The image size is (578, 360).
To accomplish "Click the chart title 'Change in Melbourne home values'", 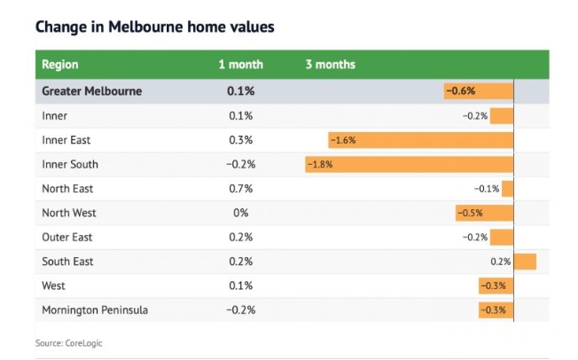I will (x=154, y=27).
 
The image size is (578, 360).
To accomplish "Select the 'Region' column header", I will (x=60, y=65).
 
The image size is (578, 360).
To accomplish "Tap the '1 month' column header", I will (x=240, y=65).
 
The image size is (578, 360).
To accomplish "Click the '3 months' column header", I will (x=330, y=65).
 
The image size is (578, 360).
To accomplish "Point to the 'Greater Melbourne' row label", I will (x=92, y=91).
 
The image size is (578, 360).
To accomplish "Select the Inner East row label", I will (x=66, y=140).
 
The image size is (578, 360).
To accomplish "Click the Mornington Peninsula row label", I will (x=95, y=310).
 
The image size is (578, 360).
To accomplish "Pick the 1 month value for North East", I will (x=240, y=189).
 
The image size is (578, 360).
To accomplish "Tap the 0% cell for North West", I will (x=240, y=213).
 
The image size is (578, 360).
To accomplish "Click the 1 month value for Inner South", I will (x=239, y=164).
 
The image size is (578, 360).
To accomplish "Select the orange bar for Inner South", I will (x=410, y=164).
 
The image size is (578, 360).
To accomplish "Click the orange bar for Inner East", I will (x=421, y=140).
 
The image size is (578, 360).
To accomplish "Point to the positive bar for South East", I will (x=526, y=262).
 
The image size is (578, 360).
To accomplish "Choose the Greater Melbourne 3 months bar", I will (x=479, y=91).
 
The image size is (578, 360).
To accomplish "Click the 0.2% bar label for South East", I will (x=501, y=262).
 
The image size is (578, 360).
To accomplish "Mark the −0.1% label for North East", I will (x=487, y=189).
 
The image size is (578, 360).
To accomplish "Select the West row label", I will (x=54, y=286).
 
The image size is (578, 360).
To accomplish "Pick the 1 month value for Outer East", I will (x=240, y=238).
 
